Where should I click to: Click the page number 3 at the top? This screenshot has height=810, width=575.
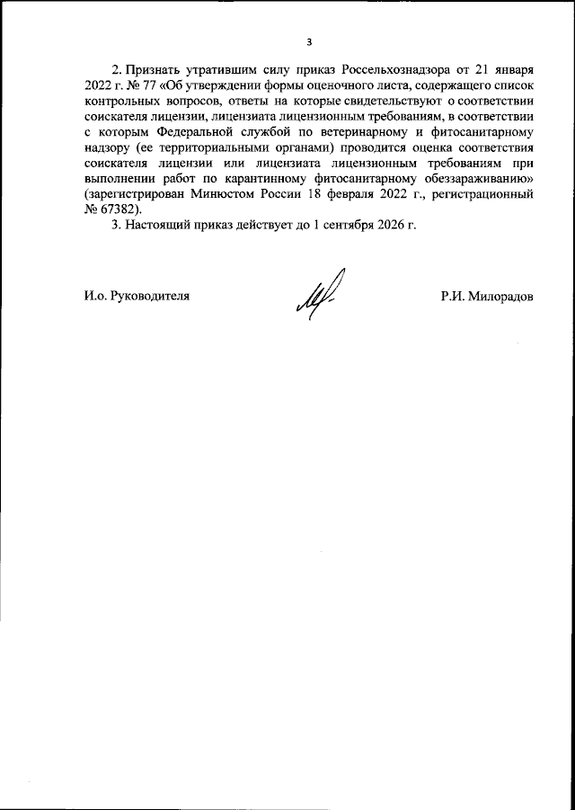pos(309,41)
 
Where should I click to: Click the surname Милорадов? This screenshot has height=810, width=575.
pos(501,295)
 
